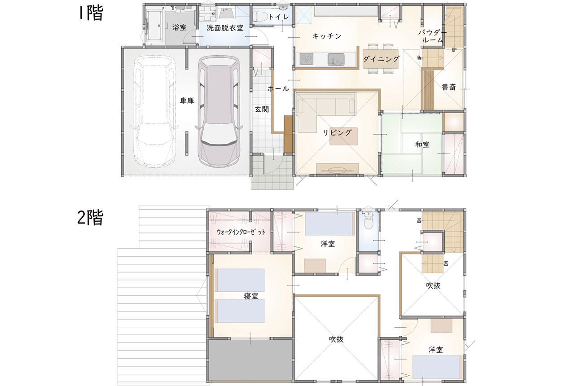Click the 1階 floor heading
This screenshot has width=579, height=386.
(x=91, y=13)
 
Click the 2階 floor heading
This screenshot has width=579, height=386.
(x=90, y=217)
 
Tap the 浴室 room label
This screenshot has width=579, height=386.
(x=180, y=27)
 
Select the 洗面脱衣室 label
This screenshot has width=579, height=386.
(x=225, y=28)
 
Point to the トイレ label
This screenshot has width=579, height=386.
(x=278, y=17)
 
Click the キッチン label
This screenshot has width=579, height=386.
(x=327, y=36)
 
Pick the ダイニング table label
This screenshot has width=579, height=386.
(x=381, y=59)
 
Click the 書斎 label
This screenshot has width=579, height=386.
(x=449, y=87)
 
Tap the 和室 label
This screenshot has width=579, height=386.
(x=422, y=145)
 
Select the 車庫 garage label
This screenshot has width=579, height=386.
(x=187, y=101)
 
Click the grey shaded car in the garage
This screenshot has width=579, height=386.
(x=219, y=112)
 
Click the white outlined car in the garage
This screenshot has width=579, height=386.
(x=154, y=112)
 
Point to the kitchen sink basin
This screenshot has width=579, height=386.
(x=336, y=60)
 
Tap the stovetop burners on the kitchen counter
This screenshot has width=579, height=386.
(x=306, y=59)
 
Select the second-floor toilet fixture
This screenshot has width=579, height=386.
(x=368, y=220)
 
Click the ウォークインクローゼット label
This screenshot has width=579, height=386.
(x=241, y=232)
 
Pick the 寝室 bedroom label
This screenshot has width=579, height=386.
(x=251, y=296)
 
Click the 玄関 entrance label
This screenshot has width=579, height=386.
(x=262, y=110)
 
